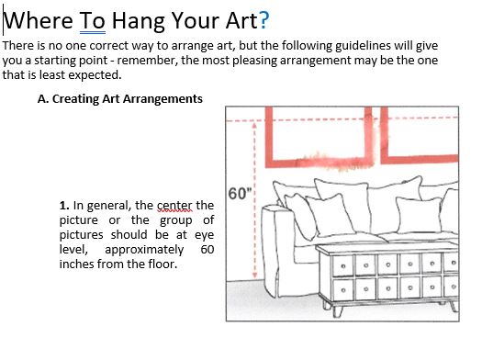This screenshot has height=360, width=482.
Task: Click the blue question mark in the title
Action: click(264, 20)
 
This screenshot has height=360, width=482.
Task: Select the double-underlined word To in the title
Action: click(93, 20)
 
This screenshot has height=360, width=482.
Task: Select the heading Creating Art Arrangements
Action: click(128, 99)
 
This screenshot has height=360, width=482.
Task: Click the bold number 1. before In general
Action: click(64, 206)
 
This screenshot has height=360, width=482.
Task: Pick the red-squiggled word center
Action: click(174, 206)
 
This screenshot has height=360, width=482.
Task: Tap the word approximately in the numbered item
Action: click(144, 250)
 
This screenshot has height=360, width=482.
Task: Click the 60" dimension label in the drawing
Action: click(240, 194)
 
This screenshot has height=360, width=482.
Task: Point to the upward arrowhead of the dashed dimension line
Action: click(254, 125)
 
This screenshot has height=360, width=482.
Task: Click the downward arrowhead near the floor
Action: click(254, 276)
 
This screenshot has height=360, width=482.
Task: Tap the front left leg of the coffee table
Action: click(337, 311)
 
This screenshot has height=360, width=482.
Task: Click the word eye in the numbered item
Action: click(205, 235)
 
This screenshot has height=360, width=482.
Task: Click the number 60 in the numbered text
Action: click(207, 249)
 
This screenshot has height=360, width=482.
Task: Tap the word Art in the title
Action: click(241, 20)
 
